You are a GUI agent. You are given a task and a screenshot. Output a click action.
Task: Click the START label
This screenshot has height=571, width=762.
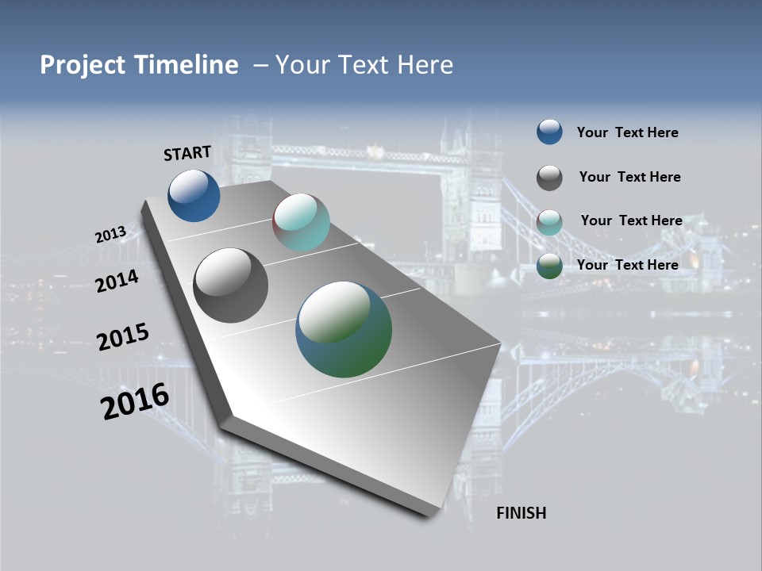(x=187, y=153)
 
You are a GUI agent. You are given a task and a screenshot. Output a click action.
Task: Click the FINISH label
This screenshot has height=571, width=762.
(x=521, y=513)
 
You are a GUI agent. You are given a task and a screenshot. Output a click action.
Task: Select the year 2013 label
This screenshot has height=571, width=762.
(x=110, y=235)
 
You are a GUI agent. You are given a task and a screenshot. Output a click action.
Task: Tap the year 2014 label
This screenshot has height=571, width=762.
(x=117, y=281)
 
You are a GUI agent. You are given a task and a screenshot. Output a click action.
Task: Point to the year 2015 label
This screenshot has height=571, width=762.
(x=122, y=337)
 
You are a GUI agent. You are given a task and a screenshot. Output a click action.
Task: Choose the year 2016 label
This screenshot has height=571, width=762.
(x=134, y=402)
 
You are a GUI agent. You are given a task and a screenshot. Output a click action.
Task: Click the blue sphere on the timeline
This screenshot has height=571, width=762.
(x=194, y=196)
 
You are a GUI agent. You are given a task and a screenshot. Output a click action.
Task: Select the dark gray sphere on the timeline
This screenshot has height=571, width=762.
(x=230, y=285)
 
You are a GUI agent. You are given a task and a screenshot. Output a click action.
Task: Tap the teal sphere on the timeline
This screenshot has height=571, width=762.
(x=302, y=223)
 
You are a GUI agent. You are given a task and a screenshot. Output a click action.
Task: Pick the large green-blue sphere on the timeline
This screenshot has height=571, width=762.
(x=344, y=329)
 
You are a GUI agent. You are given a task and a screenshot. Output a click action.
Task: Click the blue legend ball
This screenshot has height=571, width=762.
(x=549, y=132)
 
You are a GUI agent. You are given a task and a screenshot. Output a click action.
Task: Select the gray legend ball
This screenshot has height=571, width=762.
(x=549, y=178)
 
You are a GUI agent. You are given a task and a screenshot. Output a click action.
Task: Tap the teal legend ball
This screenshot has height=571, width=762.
(x=549, y=222)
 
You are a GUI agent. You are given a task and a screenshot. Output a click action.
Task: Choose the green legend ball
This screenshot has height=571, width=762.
(x=549, y=266)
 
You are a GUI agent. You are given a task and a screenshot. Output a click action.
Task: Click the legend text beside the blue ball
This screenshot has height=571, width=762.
(x=627, y=132)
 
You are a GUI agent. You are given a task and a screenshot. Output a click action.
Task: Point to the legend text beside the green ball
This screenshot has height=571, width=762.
(x=627, y=265)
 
